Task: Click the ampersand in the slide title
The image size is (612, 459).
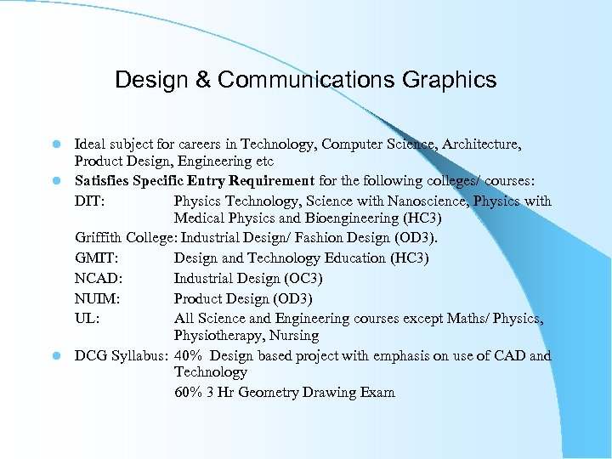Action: pos(204,80)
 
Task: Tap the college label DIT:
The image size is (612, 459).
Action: pos(89,201)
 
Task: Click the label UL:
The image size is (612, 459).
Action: pos(87,319)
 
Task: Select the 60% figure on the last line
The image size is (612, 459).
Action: pos(189,393)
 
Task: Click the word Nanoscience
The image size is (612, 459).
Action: pos(399,201)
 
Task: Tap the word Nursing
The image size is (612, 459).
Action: pos(294,336)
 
